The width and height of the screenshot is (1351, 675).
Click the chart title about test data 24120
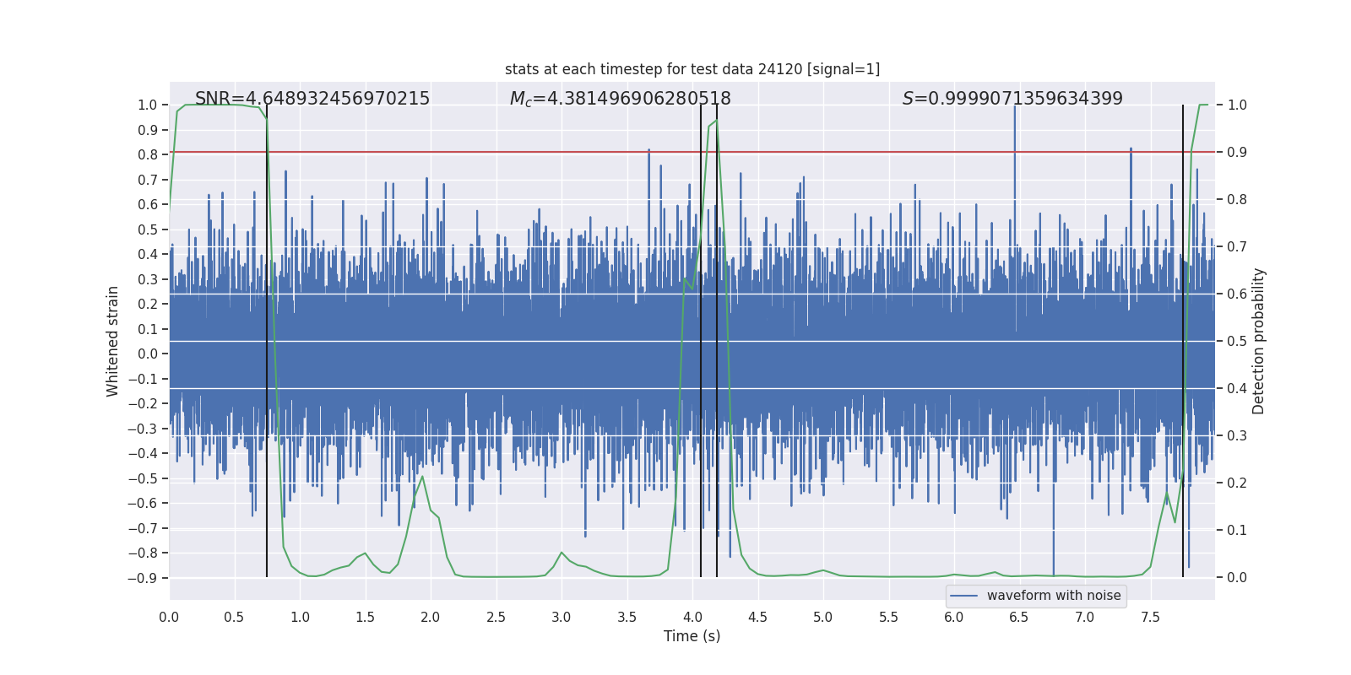click(x=692, y=69)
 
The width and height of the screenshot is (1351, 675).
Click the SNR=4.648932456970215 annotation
click(x=312, y=99)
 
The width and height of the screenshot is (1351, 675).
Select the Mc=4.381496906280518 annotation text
click(x=621, y=99)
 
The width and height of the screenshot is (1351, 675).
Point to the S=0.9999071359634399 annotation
click(x=1012, y=99)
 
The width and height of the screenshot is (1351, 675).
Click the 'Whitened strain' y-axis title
click(x=112, y=341)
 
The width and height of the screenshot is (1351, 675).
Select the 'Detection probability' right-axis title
click(x=1259, y=341)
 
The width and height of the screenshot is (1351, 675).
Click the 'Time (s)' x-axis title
click(x=692, y=636)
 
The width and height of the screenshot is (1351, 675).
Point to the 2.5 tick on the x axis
click(x=496, y=617)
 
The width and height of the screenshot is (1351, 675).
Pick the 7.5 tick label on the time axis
click(x=1150, y=617)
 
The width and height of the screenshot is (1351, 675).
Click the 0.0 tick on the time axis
click(x=169, y=617)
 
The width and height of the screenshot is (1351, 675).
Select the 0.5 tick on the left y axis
click(x=148, y=229)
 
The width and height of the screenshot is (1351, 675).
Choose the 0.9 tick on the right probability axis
click(x=1237, y=152)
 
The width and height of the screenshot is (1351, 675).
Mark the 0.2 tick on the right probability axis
click(x=1237, y=483)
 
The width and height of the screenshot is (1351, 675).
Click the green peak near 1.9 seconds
click(x=421, y=477)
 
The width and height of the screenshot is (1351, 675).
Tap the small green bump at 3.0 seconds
click(x=562, y=553)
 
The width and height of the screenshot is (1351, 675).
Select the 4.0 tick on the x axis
click(x=692, y=617)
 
